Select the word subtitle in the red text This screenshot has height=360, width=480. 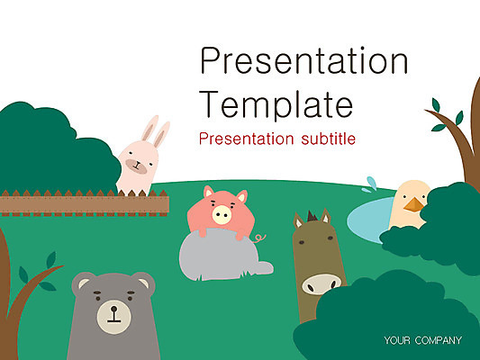[323, 139]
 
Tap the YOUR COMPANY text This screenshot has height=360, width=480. [422, 340]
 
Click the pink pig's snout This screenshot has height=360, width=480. [222, 214]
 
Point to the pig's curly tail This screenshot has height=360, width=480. [260, 238]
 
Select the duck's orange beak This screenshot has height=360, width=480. [414, 205]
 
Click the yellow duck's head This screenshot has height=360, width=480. [411, 196]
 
